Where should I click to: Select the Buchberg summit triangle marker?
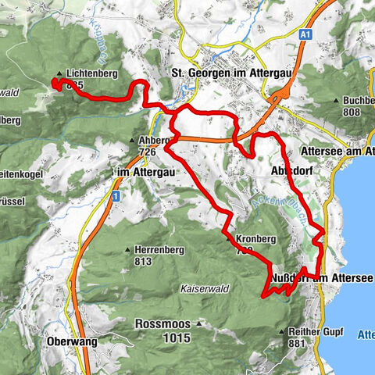pyautogui.click(x=338, y=101)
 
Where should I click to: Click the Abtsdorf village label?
pyautogui.click(x=320, y=152)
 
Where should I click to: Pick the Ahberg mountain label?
pyautogui.click(x=154, y=141)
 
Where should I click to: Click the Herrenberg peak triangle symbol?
pyautogui.click(x=129, y=250)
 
